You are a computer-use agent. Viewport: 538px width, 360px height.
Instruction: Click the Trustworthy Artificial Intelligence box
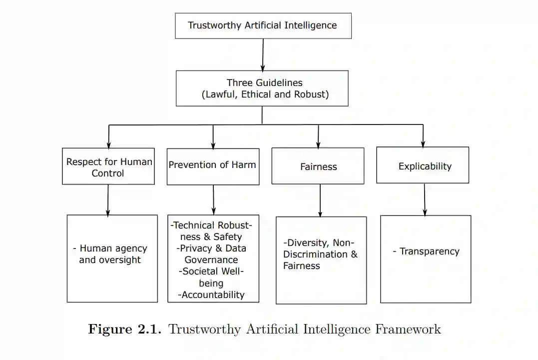(x=263, y=25)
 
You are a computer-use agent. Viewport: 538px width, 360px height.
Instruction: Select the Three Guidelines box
(x=262, y=88)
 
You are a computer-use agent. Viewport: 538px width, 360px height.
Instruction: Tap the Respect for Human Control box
(x=108, y=167)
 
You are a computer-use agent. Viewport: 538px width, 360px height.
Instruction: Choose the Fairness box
(x=318, y=166)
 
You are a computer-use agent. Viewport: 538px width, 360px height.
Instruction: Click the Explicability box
(x=423, y=165)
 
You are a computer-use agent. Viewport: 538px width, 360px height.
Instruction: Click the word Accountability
(x=213, y=294)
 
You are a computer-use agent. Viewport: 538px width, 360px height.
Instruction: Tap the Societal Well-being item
(x=213, y=277)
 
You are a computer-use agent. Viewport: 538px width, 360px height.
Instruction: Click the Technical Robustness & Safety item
(x=213, y=231)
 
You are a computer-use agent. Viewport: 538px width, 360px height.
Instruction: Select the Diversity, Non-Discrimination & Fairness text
(x=320, y=254)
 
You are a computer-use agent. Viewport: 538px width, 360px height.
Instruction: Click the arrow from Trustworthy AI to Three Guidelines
(x=263, y=54)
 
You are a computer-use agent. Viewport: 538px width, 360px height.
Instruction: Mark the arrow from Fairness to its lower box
(x=320, y=200)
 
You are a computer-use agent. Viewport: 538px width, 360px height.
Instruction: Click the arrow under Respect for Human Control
(x=108, y=199)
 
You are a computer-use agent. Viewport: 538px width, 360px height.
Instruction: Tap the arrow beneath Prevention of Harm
(x=213, y=199)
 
